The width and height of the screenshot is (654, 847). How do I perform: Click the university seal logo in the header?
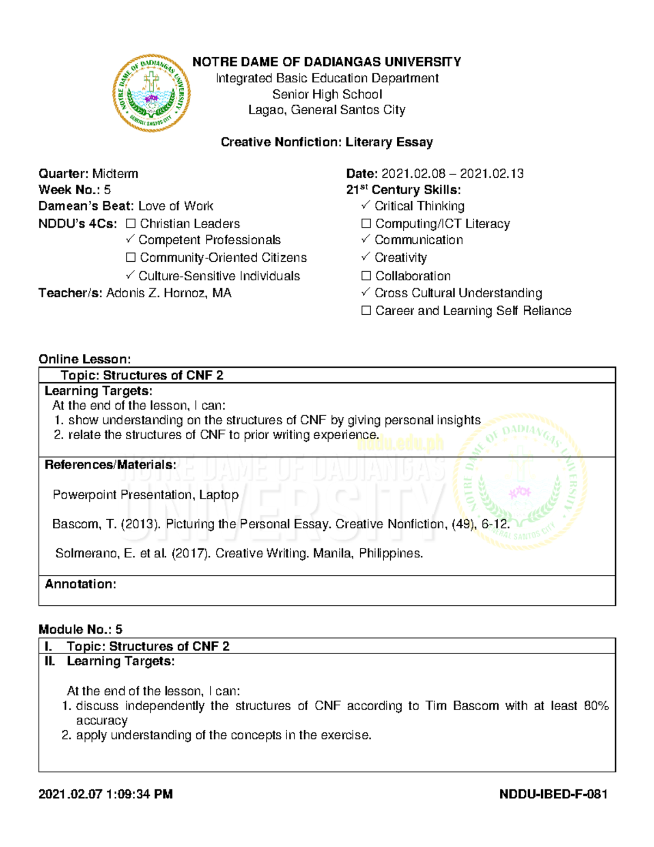[152, 93]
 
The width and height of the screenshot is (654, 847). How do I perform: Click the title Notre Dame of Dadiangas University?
[326, 62]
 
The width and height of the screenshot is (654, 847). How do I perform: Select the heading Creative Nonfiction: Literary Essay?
[326, 142]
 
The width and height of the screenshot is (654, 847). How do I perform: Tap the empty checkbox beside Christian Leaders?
[131, 224]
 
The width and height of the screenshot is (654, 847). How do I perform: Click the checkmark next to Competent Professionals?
[130, 239]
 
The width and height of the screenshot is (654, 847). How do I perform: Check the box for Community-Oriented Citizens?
[131, 257]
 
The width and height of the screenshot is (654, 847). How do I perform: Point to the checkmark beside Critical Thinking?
[366, 205]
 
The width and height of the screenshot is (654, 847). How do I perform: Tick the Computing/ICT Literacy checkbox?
[366, 224]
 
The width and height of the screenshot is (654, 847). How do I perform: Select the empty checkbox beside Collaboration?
[366, 276]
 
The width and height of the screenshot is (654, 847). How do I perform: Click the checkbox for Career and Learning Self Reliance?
[366, 311]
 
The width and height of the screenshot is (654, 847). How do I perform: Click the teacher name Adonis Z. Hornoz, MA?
[168, 293]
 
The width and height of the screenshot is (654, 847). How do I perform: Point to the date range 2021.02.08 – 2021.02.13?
[452, 174]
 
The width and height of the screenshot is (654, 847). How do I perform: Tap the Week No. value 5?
[107, 190]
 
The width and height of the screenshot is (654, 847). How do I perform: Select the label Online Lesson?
[84, 359]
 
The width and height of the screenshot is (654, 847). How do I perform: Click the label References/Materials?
[110, 465]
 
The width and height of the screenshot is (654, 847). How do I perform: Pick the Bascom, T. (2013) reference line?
[281, 524]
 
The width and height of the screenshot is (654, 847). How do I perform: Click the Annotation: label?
[81, 584]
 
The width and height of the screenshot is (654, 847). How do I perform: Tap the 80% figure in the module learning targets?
[596, 706]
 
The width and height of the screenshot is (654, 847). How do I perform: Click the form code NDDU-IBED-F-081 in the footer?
[553, 794]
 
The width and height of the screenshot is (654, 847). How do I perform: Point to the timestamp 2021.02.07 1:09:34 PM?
[106, 794]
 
